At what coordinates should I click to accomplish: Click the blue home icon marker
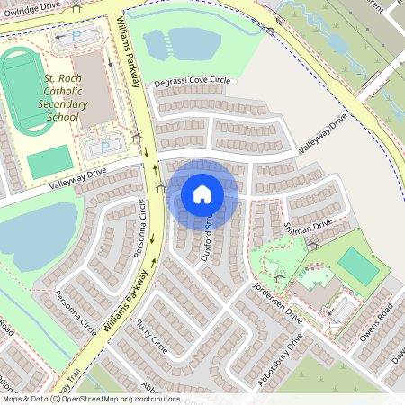pos(202,193)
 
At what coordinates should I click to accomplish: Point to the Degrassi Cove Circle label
pos(192,81)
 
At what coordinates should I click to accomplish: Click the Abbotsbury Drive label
pos(280,361)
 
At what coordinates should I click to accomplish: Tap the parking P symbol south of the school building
pos(105,145)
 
